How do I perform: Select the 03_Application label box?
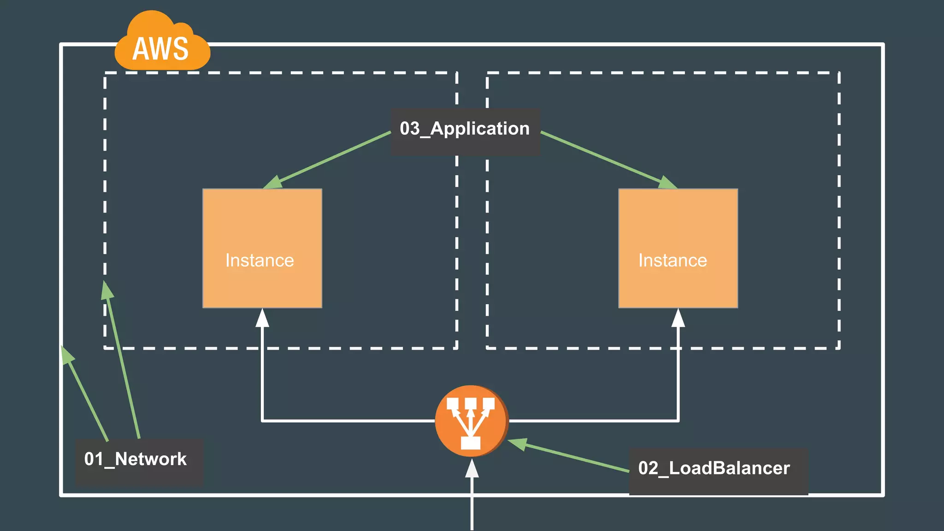[465, 131]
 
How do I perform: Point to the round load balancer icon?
[472, 421]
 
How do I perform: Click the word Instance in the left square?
[260, 260]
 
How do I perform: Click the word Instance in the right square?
[673, 260]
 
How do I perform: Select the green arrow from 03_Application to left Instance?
[332, 159]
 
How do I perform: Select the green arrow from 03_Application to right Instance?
[608, 159]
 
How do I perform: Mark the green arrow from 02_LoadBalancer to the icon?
[572, 457]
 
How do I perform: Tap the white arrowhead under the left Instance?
[262, 318]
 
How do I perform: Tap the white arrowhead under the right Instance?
[678, 318]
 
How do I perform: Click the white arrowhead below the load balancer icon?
[472, 469]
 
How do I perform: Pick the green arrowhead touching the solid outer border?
[67, 355]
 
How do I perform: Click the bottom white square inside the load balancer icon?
[471, 442]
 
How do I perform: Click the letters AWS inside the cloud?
[160, 49]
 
